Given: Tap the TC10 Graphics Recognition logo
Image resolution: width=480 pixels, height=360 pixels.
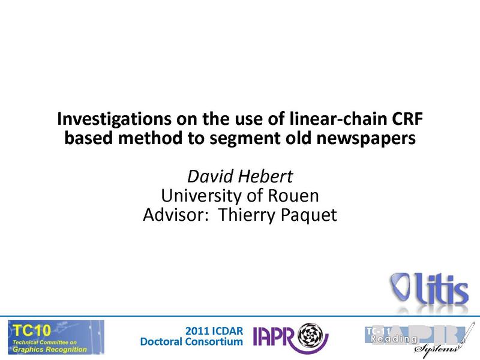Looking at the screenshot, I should [x=55, y=337].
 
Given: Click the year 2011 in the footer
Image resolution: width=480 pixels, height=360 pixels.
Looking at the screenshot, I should [x=197, y=331].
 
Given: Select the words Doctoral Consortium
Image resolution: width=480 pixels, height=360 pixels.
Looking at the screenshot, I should [x=191, y=341].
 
